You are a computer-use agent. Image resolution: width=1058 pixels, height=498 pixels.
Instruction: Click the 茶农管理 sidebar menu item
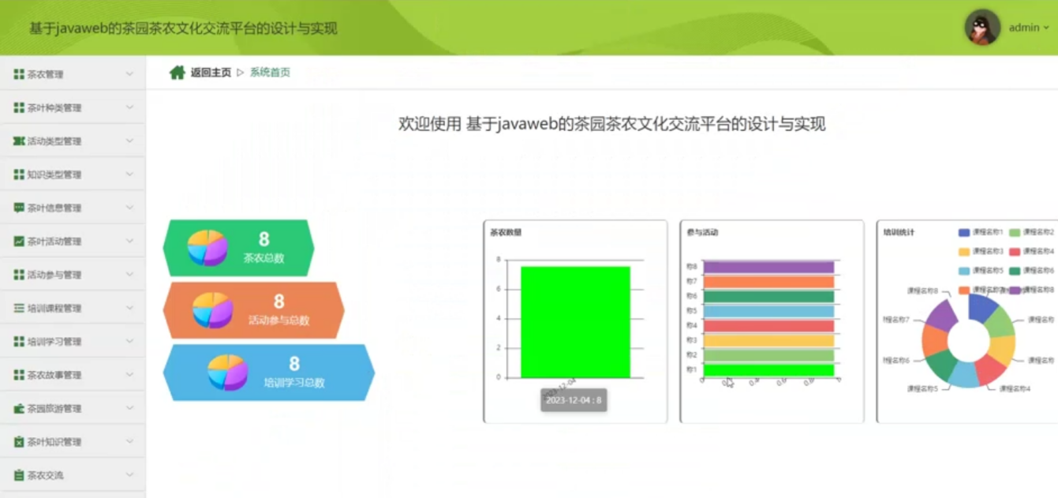[45, 74]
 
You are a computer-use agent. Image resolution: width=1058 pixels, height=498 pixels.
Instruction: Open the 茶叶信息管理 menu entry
[54, 208]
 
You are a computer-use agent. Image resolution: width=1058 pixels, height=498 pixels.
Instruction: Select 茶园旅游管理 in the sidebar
[54, 409]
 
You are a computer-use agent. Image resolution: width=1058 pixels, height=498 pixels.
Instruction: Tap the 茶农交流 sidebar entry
[45, 476]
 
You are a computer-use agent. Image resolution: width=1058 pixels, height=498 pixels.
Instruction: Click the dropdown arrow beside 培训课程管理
[129, 308]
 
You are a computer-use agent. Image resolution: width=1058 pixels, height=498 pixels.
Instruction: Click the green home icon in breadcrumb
[178, 73]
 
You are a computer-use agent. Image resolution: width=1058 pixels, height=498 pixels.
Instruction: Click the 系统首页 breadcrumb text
[270, 73]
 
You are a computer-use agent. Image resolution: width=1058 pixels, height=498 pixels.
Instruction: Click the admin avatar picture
[982, 28]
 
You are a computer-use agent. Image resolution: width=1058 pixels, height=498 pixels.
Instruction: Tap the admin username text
[1024, 28]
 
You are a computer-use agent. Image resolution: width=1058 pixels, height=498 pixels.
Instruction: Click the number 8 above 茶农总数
[264, 239]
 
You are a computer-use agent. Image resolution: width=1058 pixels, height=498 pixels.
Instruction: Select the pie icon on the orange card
[212, 310]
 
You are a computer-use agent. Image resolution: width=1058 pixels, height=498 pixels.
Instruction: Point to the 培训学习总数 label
[294, 383]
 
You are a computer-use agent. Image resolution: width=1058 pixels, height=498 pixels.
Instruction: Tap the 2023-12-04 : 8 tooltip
[574, 400]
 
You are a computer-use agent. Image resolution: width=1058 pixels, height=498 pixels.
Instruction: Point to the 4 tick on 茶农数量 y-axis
[498, 319]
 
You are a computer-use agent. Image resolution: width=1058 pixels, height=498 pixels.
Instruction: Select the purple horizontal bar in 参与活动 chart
[768, 267]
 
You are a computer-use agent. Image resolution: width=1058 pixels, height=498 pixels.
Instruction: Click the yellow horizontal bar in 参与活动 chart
[768, 340]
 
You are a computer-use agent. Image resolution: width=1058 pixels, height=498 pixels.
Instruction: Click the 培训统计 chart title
[899, 233]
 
